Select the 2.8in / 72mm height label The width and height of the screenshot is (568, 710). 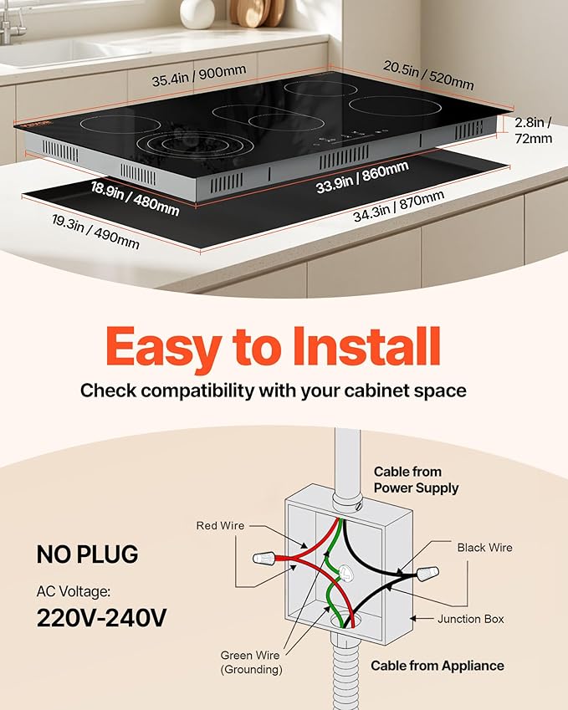534,130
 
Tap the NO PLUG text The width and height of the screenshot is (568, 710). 87,554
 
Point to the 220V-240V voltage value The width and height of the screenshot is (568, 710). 102,618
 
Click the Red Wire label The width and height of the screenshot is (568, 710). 221,526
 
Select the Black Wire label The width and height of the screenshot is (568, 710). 484,548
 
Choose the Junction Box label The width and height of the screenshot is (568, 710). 471,620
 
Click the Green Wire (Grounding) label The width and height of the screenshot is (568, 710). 251,662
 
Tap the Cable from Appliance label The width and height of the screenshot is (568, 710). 438,666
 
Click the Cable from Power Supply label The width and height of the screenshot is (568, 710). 416,479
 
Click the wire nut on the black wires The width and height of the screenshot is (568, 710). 427,575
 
